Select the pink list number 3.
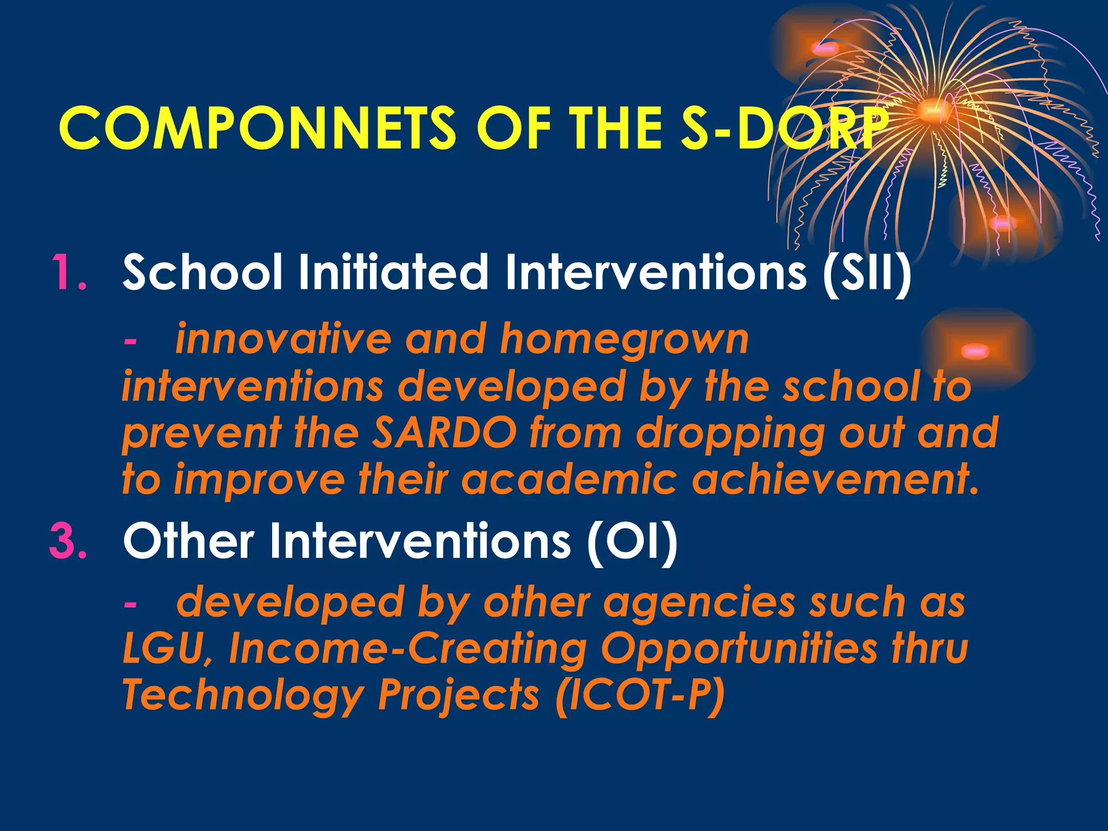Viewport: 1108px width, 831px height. click(x=68, y=540)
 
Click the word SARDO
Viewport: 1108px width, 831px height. click(x=444, y=433)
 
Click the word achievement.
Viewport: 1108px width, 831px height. click(x=835, y=479)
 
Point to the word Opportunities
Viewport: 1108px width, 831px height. click(x=739, y=649)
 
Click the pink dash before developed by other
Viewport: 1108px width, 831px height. click(x=130, y=604)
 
